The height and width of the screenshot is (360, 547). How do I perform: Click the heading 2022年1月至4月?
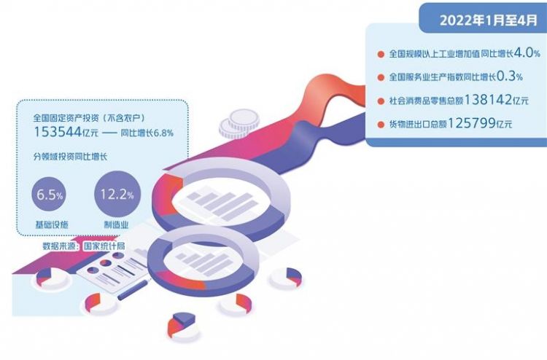click(489, 20)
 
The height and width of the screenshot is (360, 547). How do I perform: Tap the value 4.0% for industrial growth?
click(527, 53)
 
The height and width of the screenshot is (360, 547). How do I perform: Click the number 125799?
click(471, 123)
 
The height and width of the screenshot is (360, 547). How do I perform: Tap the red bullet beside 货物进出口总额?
click(381, 124)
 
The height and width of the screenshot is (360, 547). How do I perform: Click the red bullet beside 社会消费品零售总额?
click(381, 101)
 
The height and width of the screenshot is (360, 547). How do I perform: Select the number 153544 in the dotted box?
click(58, 132)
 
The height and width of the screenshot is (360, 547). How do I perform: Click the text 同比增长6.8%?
click(147, 133)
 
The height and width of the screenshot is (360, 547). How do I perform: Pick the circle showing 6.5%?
click(49, 194)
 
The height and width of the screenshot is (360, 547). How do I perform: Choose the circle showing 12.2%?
click(117, 193)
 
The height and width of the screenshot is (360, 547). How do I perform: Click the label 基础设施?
click(52, 224)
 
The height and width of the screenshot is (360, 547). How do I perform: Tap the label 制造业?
click(117, 224)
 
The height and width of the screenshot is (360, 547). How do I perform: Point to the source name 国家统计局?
click(104, 246)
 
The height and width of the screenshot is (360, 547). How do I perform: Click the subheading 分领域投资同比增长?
click(70, 157)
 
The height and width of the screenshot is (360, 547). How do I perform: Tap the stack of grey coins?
click(239, 124)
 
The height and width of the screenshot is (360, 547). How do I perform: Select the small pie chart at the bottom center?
click(182, 326)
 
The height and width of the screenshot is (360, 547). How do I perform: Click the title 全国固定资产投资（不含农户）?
click(88, 118)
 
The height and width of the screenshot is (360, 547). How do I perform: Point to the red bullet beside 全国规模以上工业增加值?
click(381, 55)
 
